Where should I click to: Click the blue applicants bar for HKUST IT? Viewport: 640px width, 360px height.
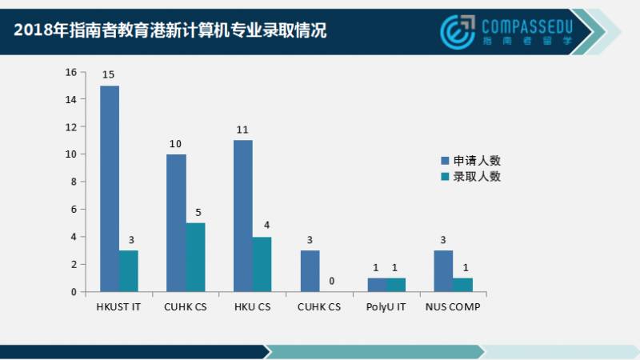110,189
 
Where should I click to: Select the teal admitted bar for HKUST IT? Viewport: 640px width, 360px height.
129,271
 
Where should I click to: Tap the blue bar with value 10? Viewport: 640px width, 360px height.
176,223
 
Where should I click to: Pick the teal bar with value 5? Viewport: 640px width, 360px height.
195,257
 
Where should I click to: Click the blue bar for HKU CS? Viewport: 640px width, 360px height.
242,216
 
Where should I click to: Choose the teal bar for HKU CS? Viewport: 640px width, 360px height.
262,264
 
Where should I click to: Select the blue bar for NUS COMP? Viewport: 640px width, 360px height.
443,271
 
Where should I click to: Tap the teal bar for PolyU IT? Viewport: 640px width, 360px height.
395,285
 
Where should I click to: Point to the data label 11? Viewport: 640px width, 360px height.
242,130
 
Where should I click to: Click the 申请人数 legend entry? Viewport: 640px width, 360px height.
472,160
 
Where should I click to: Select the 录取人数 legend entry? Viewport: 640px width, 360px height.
472,176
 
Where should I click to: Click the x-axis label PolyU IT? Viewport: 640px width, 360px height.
386,306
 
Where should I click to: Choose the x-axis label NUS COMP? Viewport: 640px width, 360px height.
453,306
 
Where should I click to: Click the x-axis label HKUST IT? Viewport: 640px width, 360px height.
119,306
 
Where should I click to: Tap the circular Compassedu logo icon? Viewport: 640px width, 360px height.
458,30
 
